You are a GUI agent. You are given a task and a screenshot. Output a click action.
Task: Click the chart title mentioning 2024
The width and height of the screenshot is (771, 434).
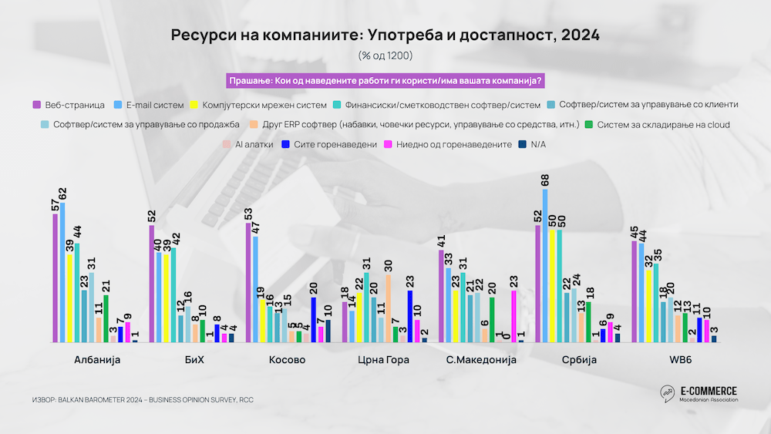click(x=385, y=35)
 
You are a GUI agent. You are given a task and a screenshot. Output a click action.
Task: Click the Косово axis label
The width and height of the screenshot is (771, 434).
click(x=287, y=360)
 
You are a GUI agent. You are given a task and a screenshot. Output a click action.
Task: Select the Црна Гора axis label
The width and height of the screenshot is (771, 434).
click(x=383, y=360)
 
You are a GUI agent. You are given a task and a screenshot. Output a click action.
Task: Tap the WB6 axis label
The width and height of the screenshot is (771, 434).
click(x=673, y=360)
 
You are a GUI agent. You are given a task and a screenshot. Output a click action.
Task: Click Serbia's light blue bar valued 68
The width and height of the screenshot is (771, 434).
click(x=546, y=265)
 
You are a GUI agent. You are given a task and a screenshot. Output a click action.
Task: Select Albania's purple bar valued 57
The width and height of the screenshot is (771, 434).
click(x=56, y=278)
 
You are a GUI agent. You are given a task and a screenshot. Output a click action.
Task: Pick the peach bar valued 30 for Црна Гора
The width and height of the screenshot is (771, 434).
click(x=389, y=308)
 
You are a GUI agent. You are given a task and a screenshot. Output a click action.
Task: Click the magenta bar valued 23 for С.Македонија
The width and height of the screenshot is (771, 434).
click(x=514, y=316)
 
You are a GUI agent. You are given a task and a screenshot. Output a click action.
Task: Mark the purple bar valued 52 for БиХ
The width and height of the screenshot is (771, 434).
click(x=152, y=284)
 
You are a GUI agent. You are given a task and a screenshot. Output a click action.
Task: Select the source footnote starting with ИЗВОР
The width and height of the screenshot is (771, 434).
click(x=143, y=400)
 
